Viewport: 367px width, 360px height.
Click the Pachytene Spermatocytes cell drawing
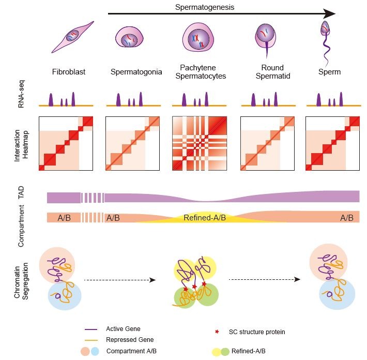196,40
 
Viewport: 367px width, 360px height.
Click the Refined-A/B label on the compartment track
205,218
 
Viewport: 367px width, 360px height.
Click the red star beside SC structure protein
217,332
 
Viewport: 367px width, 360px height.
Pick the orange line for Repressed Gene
93,340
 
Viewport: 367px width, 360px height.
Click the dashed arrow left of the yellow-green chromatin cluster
119,280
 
